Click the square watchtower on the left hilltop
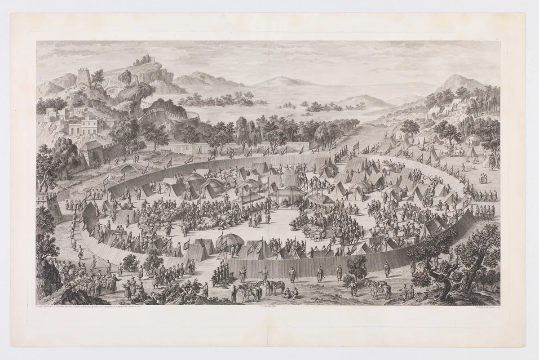coord(84,76)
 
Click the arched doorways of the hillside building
coord(83,129)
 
